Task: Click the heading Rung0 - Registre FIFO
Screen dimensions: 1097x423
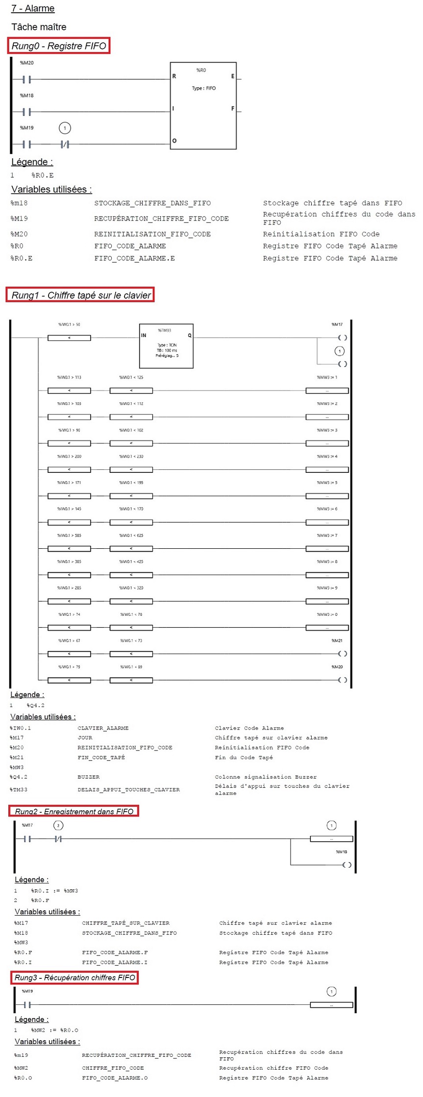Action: click(x=59, y=46)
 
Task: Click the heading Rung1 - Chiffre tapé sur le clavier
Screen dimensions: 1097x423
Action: click(x=81, y=295)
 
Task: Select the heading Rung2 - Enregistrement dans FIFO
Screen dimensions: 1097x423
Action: click(x=74, y=811)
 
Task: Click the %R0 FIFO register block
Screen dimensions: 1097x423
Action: click(x=203, y=105)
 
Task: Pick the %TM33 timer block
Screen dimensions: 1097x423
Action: click(x=166, y=346)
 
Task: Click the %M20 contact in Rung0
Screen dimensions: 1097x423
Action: click(x=27, y=79)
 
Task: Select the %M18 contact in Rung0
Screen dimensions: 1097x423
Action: click(x=27, y=112)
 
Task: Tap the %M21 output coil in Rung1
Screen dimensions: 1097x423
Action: click(x=343, y=654)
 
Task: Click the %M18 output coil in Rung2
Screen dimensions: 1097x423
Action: click(x=347, y=865)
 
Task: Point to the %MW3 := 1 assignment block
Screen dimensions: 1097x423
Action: click(x=327, y=390)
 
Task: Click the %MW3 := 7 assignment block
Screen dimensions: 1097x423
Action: click(x=327, y=549)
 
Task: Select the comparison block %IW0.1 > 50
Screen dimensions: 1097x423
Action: click(x=69, y=338)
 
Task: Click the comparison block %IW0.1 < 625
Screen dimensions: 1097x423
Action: click(x=131, y=549)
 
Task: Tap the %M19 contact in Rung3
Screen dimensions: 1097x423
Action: click(x=27, y=1005)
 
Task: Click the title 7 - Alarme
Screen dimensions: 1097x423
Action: click(x=33, y=8)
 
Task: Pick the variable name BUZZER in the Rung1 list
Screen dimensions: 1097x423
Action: click(x=88, y=777)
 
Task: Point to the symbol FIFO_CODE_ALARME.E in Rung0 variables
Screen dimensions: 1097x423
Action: click(x=134, y=258)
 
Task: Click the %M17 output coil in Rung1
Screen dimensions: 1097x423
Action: click(x=343, y=338)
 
